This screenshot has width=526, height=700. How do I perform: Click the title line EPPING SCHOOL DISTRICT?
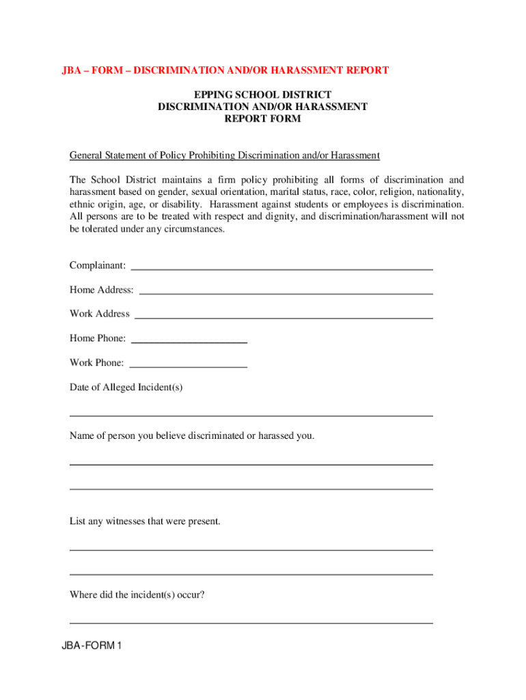click(x=262, y=94)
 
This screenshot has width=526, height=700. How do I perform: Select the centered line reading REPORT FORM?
click(x=262, y=119)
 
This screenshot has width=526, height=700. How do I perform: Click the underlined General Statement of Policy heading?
click(x=224, y=156)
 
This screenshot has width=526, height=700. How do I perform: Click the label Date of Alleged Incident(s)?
click(x=126, y=388)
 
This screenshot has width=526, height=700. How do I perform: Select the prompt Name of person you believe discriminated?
click(x=192, y=435)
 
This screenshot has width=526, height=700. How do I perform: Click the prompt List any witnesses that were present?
click(x=145, y=522)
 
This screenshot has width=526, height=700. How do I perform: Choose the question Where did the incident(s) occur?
click(x=137, y=595)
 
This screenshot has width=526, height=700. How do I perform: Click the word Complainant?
click(x=97, y=265)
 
